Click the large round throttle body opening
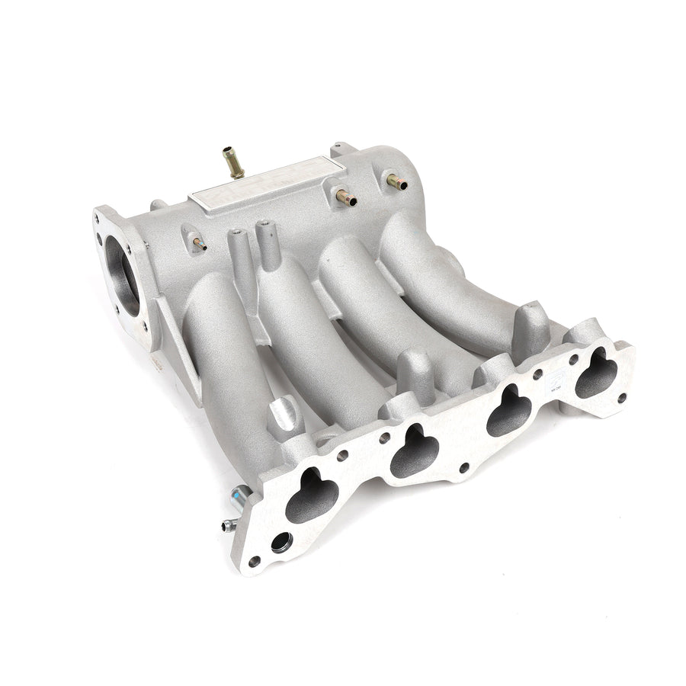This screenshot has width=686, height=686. [x=122, y=275]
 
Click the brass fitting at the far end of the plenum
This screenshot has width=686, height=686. [x=396, y=181]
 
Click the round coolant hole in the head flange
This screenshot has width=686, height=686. [x=280, y=543]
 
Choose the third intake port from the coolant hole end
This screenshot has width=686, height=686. [x=509, y=412]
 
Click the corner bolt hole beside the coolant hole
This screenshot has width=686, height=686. [x=254, y=562]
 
